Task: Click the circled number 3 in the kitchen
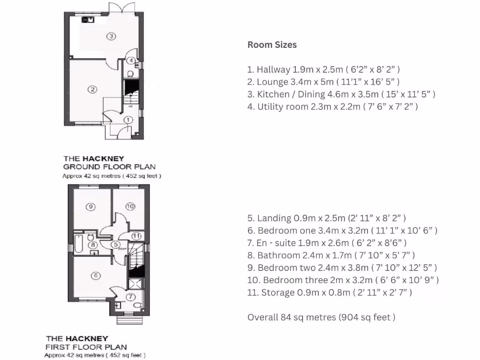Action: (111, 36)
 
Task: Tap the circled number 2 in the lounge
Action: (93, 89)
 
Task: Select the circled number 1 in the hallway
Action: (128, 120)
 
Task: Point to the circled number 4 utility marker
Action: (131, 60)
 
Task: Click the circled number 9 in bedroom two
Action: (91, 206)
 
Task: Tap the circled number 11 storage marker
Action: (136, 236)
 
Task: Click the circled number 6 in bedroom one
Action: (96, 276)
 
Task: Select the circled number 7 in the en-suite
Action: (131, 296)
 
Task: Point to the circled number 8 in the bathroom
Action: (94, 244)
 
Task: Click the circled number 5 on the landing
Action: (115, 244)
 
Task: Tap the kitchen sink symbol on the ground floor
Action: (88, 20)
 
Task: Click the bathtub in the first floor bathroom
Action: (78, 244)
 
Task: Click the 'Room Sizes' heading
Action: (272, 45)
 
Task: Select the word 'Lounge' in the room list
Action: (272, 82)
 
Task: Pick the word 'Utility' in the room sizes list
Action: (271, 107)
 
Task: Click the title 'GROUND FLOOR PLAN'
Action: (109, 167)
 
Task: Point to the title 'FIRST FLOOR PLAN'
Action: (86, 347)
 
